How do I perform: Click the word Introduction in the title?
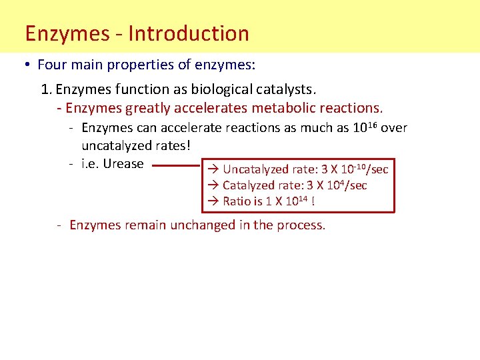coord(189,33)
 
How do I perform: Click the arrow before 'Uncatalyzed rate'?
coord(213,169)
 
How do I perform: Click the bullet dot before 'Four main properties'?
coord(27,65)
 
